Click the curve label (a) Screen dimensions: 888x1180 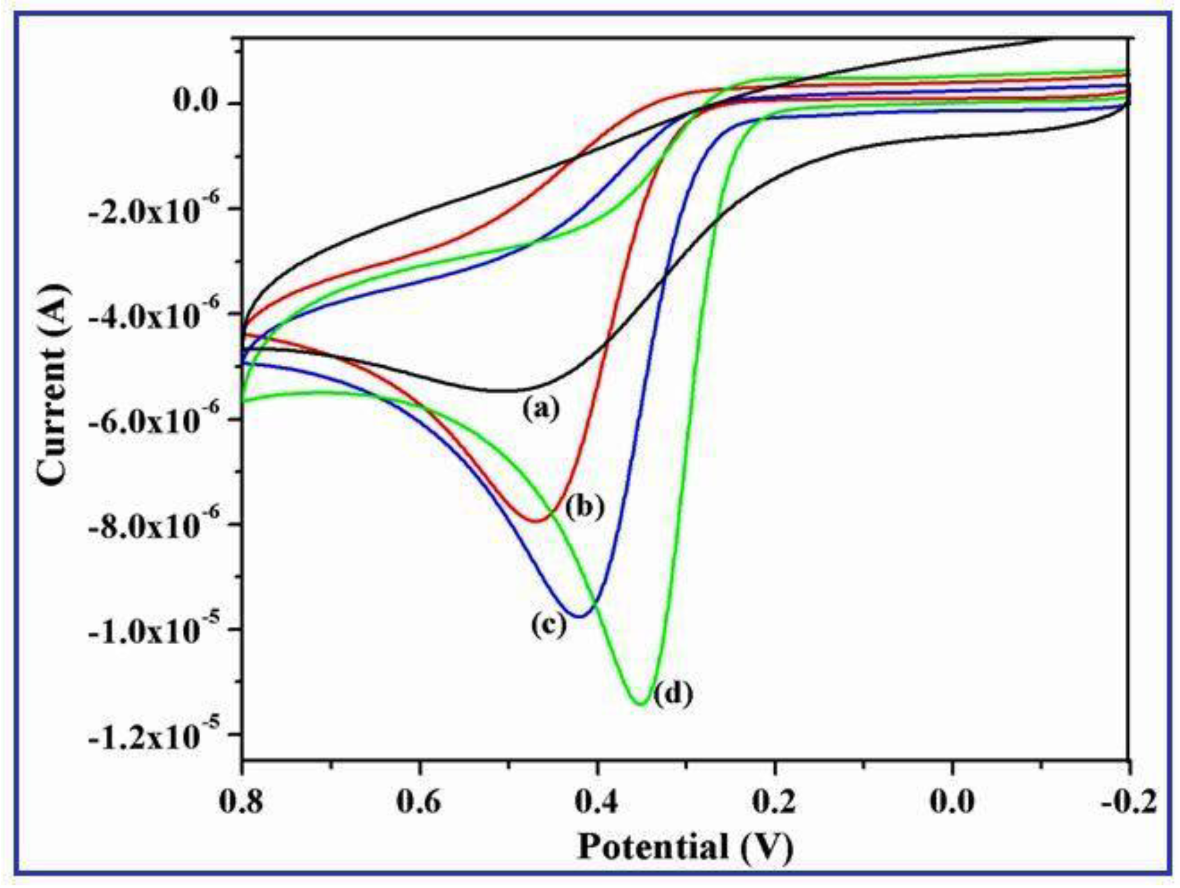coord(541,408)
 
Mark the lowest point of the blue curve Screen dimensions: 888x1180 coord(579,616)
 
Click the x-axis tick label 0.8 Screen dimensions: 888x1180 coord(241,801)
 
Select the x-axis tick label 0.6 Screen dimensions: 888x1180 coord(419,801)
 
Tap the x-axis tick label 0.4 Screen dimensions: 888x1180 coord(596,801)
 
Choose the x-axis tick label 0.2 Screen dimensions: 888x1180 coord(774,801)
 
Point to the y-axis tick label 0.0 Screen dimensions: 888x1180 coord(195,101)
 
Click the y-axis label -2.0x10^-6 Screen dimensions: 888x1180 coord(162,209)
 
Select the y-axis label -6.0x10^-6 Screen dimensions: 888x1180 coord(162,419)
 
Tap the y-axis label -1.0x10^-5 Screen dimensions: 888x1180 coord(162,629)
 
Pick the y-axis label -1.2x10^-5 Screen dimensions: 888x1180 coord(162,734)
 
